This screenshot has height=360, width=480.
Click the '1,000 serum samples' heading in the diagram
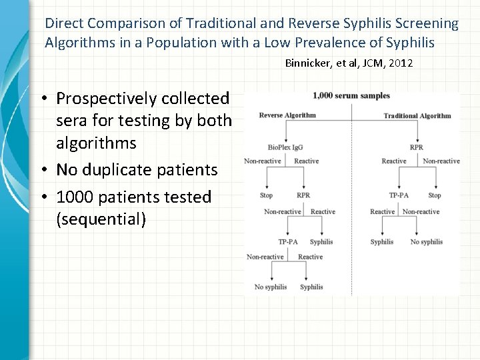point(351,96)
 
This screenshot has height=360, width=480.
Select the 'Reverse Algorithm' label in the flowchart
point(287,115)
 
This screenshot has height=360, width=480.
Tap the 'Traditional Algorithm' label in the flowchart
point(417,116)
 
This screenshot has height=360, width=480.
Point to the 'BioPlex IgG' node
point(284,147)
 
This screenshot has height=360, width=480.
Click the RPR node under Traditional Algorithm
point(417,147)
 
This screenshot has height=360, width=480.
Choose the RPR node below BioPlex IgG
point(303,196)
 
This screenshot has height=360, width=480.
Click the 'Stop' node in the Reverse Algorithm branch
point(266,196)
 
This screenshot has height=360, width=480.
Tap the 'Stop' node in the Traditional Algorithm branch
point(435,196)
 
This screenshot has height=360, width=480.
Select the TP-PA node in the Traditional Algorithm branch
point(399,196)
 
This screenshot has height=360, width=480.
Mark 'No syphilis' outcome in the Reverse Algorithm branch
point(271,287)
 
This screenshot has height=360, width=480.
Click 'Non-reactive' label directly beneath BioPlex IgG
point(263,161)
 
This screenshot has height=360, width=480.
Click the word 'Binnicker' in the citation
point(309,63)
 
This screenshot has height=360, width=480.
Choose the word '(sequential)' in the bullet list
point(101,219)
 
